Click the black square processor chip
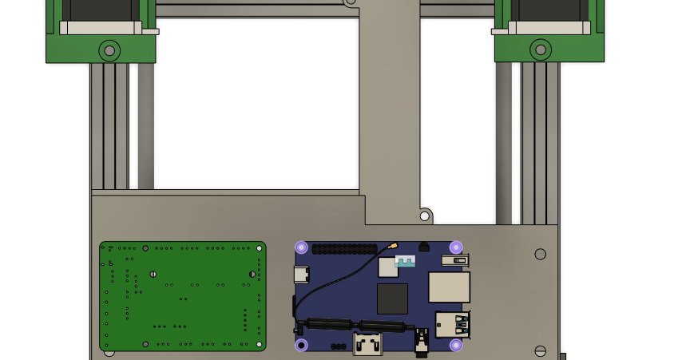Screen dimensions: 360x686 click(x=392, y=299)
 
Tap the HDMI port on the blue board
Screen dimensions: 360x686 click(x=368, y=346)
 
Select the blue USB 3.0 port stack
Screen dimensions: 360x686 click(x=452, y=325)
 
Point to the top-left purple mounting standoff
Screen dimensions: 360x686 click(x=301, y=247)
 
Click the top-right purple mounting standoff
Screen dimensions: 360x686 click(x=456, y=247)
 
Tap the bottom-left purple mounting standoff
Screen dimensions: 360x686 click(x=301, y=345)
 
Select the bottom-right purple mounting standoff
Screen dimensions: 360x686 click(x=456, y=345)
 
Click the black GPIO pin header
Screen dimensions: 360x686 click(x=344, y=249)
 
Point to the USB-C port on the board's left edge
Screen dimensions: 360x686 click(x=301, y=275)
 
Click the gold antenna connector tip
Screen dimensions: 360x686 click(x=394, y=245)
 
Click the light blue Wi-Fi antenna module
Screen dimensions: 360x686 click(x=405, y=261)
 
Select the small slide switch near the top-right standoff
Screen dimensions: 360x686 click(x=458, y=259)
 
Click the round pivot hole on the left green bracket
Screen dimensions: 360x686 click(x=109, y=51)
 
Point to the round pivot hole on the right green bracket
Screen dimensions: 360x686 click(x=540, y=51)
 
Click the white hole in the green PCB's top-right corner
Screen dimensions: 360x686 click(x=259, y=248)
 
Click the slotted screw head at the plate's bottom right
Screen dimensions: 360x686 click(x=540, y=350)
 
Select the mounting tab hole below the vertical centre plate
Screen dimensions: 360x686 click(x=425, y=215)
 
